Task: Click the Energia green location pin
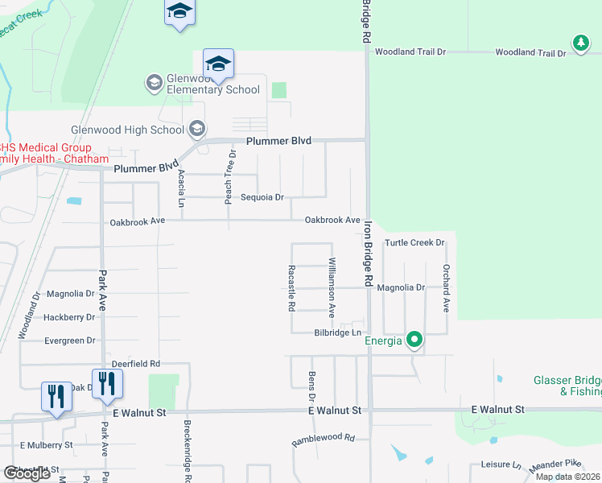[x=414, y=340]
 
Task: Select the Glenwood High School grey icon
[x=196, y=129]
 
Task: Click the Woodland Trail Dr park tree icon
[x=579, y=41]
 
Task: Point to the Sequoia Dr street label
[x=263, y=197]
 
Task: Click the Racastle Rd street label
[x=291, y=288]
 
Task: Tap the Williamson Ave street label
[x=331, y=287]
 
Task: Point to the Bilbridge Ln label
[x=336, y=332]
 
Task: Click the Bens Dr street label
[x=311, y=386]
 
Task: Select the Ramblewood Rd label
[x=323, y=439]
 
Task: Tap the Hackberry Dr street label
[x=69, y=317]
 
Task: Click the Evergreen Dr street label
[x=69, y=341]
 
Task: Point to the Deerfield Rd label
[x=136, y=364]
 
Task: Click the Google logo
[x=27, y=473]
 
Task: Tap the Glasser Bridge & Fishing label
[x=568, y=386]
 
